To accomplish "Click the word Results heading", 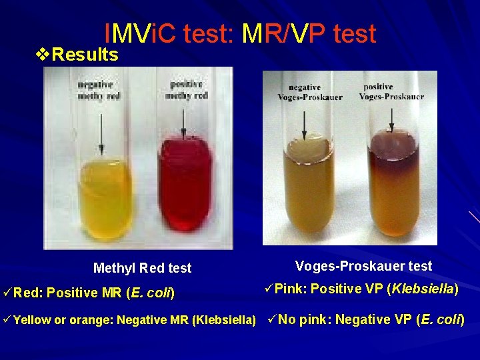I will tap(85, 55).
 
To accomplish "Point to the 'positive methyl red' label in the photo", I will tap(189, 90).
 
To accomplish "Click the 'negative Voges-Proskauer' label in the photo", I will tap(310, 92).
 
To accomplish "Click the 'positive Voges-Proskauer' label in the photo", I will tap(391, 92).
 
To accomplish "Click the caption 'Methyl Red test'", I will tap(142, 268).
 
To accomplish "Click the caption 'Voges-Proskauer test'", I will tap(363, 266).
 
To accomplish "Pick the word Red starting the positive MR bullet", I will tap(27, 292).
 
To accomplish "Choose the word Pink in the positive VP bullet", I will tap(288, 289).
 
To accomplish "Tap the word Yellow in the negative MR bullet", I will tap(31, 320).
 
